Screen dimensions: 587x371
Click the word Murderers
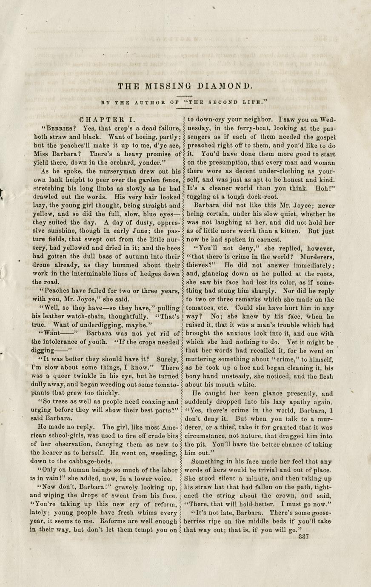tap(317, 256)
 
